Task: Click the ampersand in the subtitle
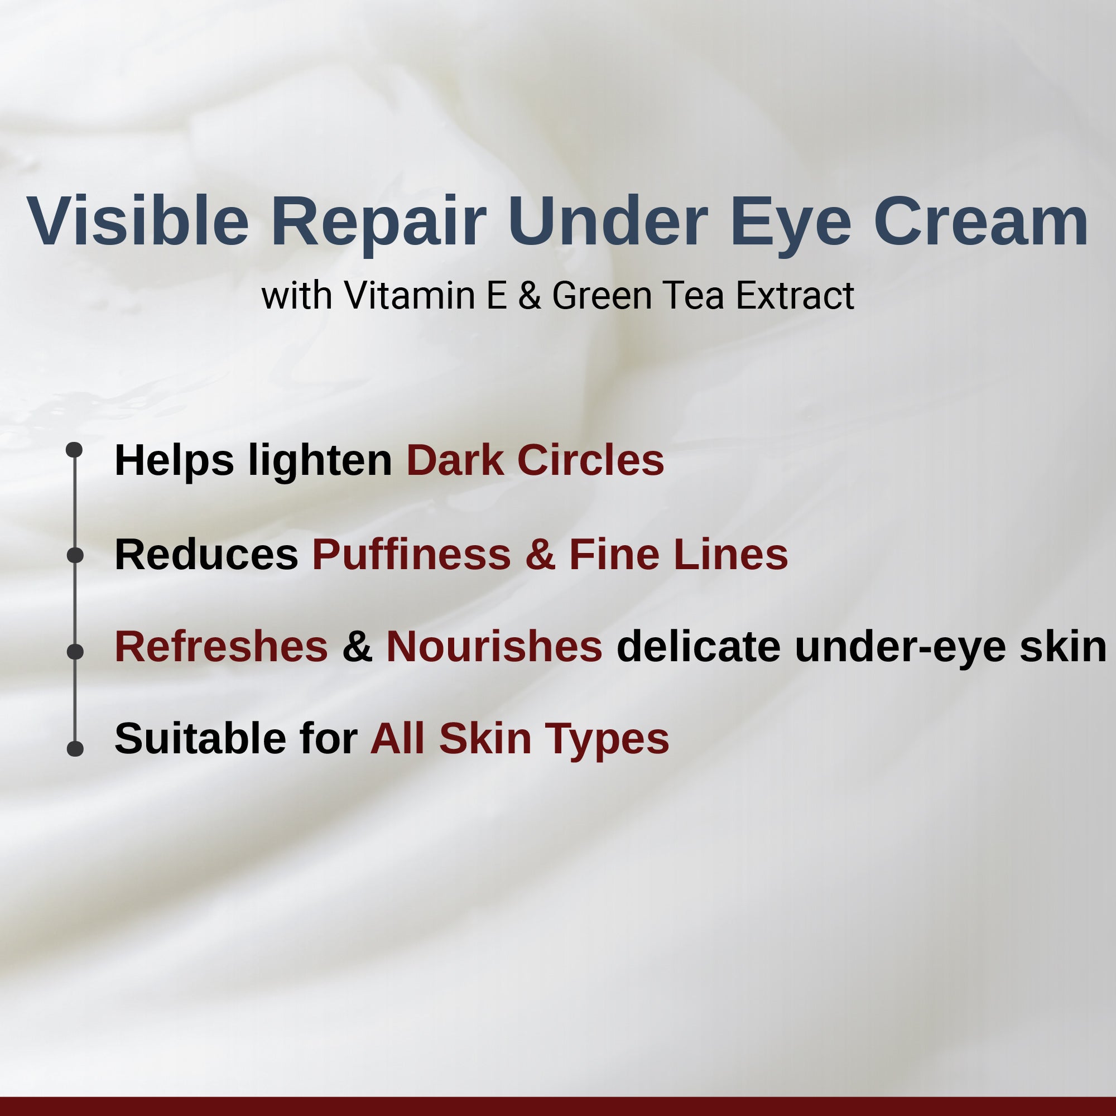[x=529, y=296]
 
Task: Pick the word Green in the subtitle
[x=602, y=296]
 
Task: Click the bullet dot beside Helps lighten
[x=75, y=449]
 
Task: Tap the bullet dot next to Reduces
[x=75, y=555]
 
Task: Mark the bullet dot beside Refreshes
[x=75, y=652]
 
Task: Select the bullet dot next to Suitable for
[x=75, y=749]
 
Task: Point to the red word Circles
[x=590, y=460]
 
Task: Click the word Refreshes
[x=221, y=646]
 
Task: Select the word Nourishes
[x=494, y=646]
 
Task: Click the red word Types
[x=607, y=739]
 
